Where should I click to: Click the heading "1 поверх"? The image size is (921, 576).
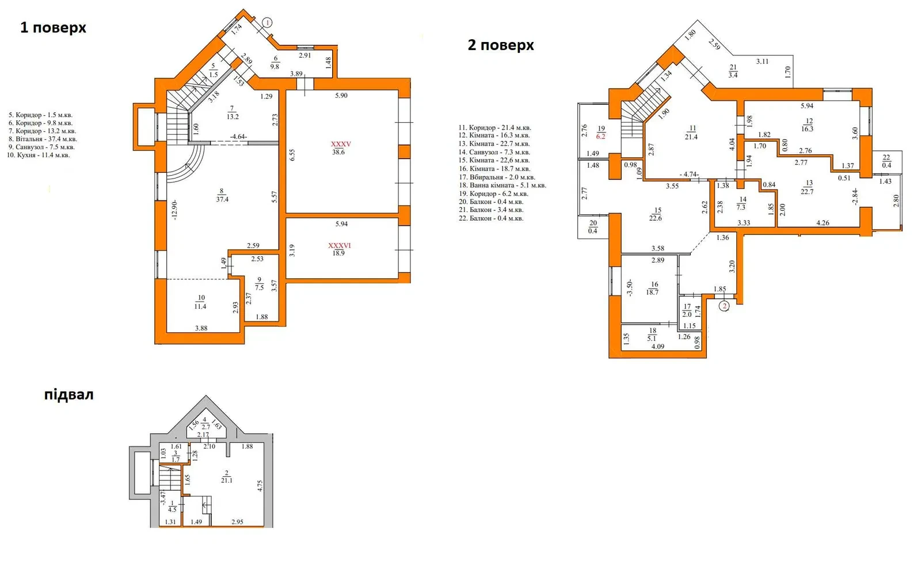[x=53, y=28]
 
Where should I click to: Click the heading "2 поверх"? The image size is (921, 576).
[x=501, y=45]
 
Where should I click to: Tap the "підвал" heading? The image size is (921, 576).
[x=69, y=395]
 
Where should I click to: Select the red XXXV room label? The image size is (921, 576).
[x=341, y=145]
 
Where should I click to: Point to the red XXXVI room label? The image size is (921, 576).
[x=340, y=245]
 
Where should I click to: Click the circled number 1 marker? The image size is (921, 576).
[x=267, y=22]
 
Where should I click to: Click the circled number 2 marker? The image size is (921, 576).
[x=724, y=306]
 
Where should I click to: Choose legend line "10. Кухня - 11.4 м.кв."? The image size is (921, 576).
[x=39, y=155]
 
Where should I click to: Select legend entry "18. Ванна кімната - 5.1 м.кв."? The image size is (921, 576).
[x=503, y=185]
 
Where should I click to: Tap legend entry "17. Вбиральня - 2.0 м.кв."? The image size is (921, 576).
[x=497, y=177]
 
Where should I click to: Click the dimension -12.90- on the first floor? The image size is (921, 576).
[x=175, y=210]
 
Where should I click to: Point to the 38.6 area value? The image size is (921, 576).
[x=338, y=152]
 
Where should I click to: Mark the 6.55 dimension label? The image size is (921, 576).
[x=292, y=155]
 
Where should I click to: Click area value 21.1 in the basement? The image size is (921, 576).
[x=227, y=480]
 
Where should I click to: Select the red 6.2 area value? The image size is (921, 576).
[x=601, y=136]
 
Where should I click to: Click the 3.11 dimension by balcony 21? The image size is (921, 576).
[x=762, y=61]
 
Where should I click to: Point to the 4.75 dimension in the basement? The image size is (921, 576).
[x=260, y=486]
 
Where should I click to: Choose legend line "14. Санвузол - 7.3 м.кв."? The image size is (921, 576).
[x=494, y=152]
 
